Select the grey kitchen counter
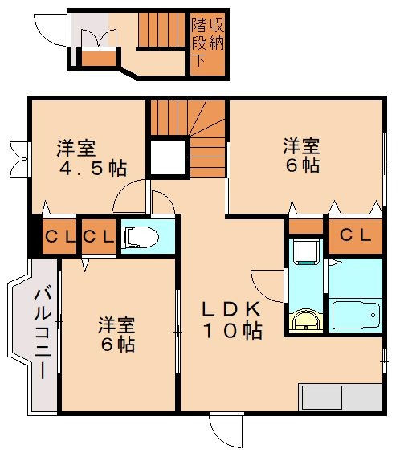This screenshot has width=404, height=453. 340,398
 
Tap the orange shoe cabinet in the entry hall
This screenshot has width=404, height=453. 100,59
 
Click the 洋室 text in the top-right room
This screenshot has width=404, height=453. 301,147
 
